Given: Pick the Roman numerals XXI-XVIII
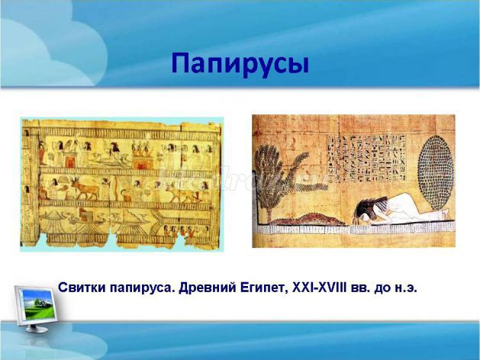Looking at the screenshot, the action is pyautogui.click(x=319, y=288).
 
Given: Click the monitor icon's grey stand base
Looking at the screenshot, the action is pyautogui.click(x=37, y=329).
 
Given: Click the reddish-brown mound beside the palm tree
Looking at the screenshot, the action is pyautogui.click(x=311, y=220).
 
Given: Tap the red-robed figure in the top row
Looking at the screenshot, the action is pyautogui.click(x=41, y=153).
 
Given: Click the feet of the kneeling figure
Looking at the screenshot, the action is pyautogui.click(x=444, y=214).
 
